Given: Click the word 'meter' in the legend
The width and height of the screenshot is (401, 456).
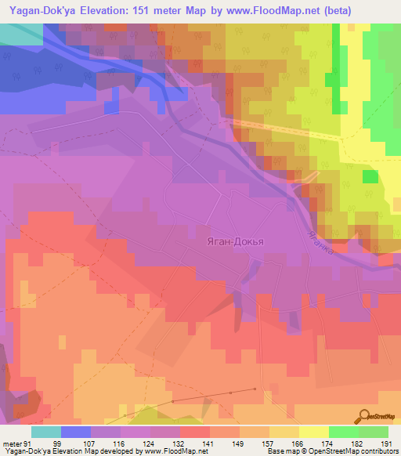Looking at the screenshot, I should coord(11,443).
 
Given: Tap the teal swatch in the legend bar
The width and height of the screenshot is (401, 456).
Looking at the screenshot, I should coord(46,432).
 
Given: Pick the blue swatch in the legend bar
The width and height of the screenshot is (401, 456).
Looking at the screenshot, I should coord(76,432).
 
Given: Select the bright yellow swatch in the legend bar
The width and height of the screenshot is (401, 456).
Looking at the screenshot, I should coord(314,432).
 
